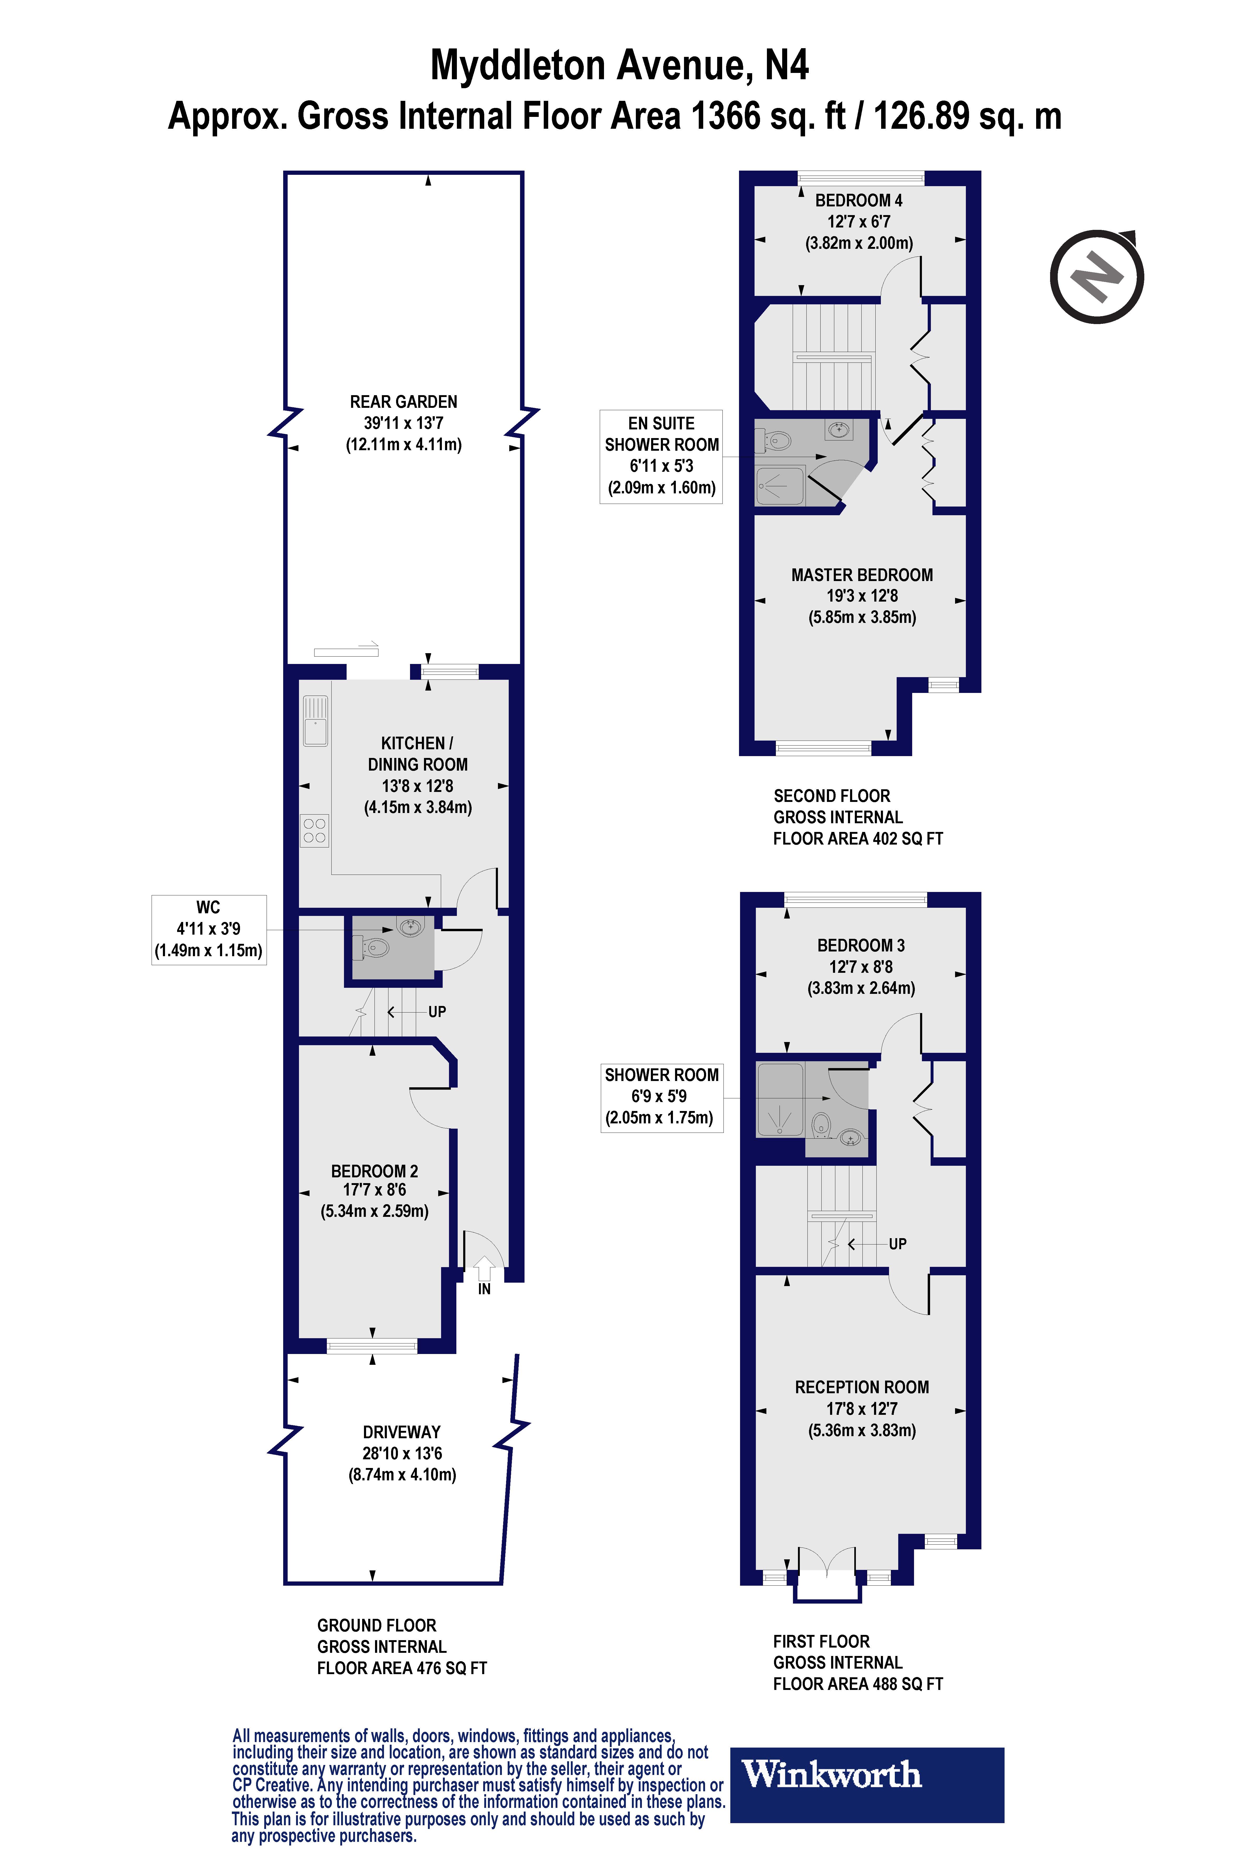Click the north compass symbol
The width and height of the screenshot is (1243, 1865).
tap(1097, 277)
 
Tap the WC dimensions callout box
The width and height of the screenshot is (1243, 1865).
tap(208, 929)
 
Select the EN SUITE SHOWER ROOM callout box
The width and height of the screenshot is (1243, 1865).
tap(661, 456)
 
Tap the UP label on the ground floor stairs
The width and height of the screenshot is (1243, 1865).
tap(437, 1012)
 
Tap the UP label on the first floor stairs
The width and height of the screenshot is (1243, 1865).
tap(897, 1244)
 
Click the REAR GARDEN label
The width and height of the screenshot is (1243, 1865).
tap(403, 402)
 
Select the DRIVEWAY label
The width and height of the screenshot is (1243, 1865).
tap(402, 1432)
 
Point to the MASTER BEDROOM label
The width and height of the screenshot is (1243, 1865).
tap(862, 575)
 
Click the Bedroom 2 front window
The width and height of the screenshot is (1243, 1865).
tap(372, 1345)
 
